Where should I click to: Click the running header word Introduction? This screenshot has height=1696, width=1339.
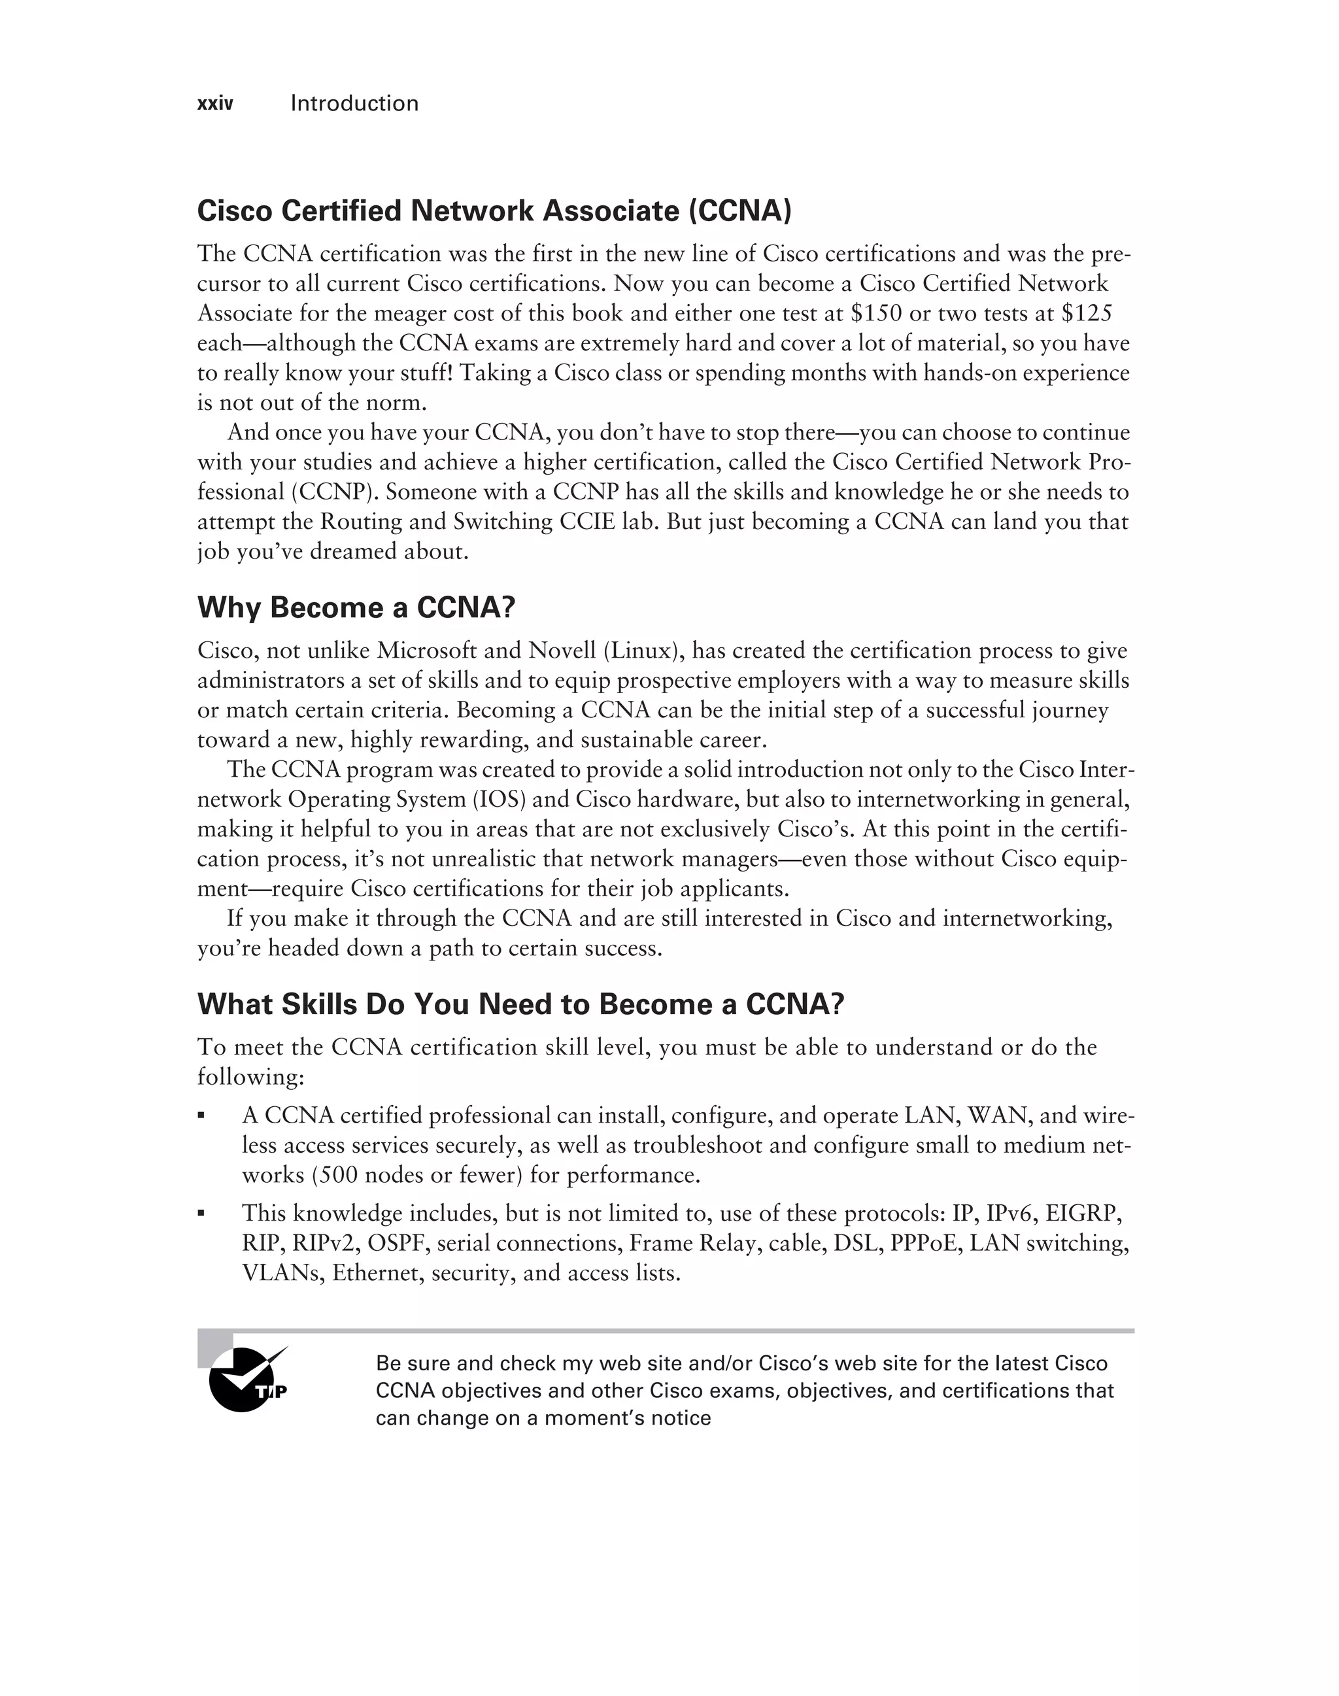(x=354, y=103)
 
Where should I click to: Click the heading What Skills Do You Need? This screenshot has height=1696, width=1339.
(x=520, y=1004)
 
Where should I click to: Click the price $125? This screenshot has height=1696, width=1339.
(x=1087, y=314)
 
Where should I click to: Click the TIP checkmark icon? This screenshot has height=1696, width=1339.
(x=247, y=1378)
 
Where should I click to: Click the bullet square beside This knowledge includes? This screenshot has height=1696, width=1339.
(x=202, y=1213)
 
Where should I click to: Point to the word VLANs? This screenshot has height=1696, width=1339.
(x=283, y=1274)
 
